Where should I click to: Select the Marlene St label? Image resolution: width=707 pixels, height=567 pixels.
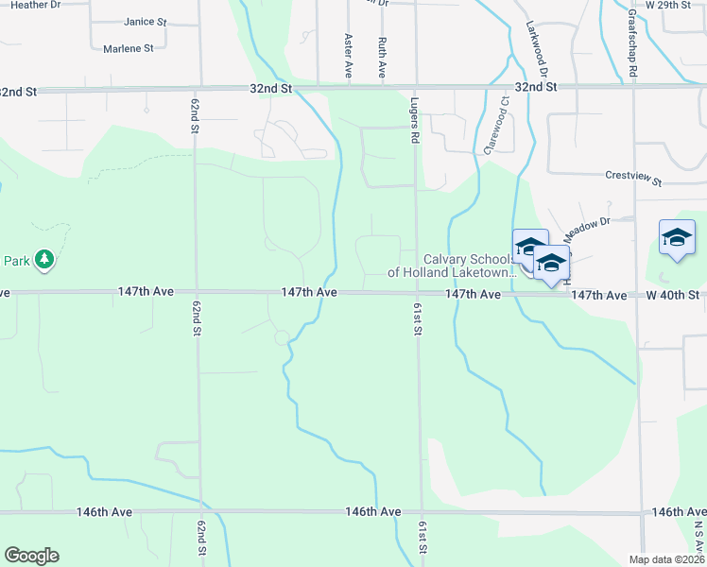pyautogui.click(x=129, y=48)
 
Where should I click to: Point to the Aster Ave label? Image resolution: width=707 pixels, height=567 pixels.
pyautogui.click(x=349, y=56)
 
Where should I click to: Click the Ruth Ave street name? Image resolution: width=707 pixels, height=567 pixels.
pyautogui.click(x=382, y=57)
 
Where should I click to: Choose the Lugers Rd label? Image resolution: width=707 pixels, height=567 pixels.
pyautogui.click(x=414, y=120)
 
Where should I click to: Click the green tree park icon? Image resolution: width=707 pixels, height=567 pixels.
pyautogui.click(x=43, y=259)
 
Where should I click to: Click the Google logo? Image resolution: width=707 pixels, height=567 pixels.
pyautogui.click(x=31, y=556)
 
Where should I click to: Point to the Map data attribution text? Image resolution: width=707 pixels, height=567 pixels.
pyautogui.click(x=667, y=559)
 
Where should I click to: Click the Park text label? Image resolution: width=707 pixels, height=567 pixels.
pyautogui.click(x=16, y=260)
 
